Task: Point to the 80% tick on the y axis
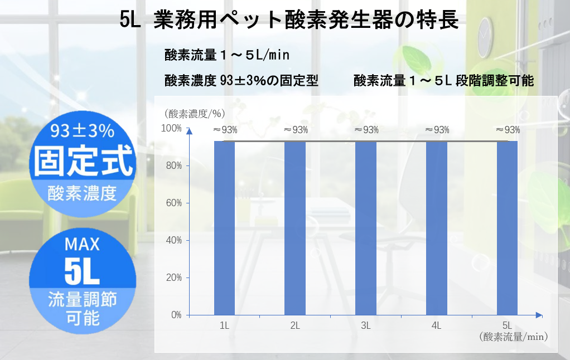point(175,166)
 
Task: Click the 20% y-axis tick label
point(175,278)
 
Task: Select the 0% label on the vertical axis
point(176,315)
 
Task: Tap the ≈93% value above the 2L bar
point(296,130)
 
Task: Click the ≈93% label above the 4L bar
point(437,130)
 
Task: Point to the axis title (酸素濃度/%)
point(195,113)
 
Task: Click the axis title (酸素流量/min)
point(513,337)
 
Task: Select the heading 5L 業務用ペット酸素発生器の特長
point(289,20)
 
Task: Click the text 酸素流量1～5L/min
point(226,56)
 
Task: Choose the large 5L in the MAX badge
point(82,271)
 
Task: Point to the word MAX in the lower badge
point(82,244)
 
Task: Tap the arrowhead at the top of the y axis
point(189,132)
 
